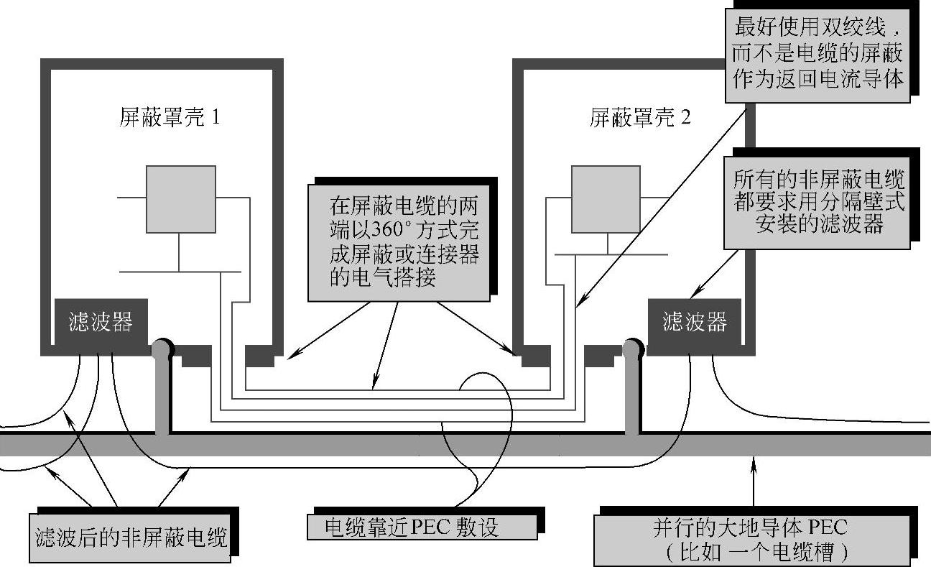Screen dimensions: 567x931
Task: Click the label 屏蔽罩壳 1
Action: (x=169, y=117)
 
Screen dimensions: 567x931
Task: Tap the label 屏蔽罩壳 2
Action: (x=639, y=117)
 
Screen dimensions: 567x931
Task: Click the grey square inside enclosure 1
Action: (x=181, y=199)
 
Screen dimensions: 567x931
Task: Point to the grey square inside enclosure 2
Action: (x=606, y=199)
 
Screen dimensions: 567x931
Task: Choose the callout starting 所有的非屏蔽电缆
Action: (x=818, y=202)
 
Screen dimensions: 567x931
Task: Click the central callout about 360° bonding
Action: (x=399, y=241)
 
